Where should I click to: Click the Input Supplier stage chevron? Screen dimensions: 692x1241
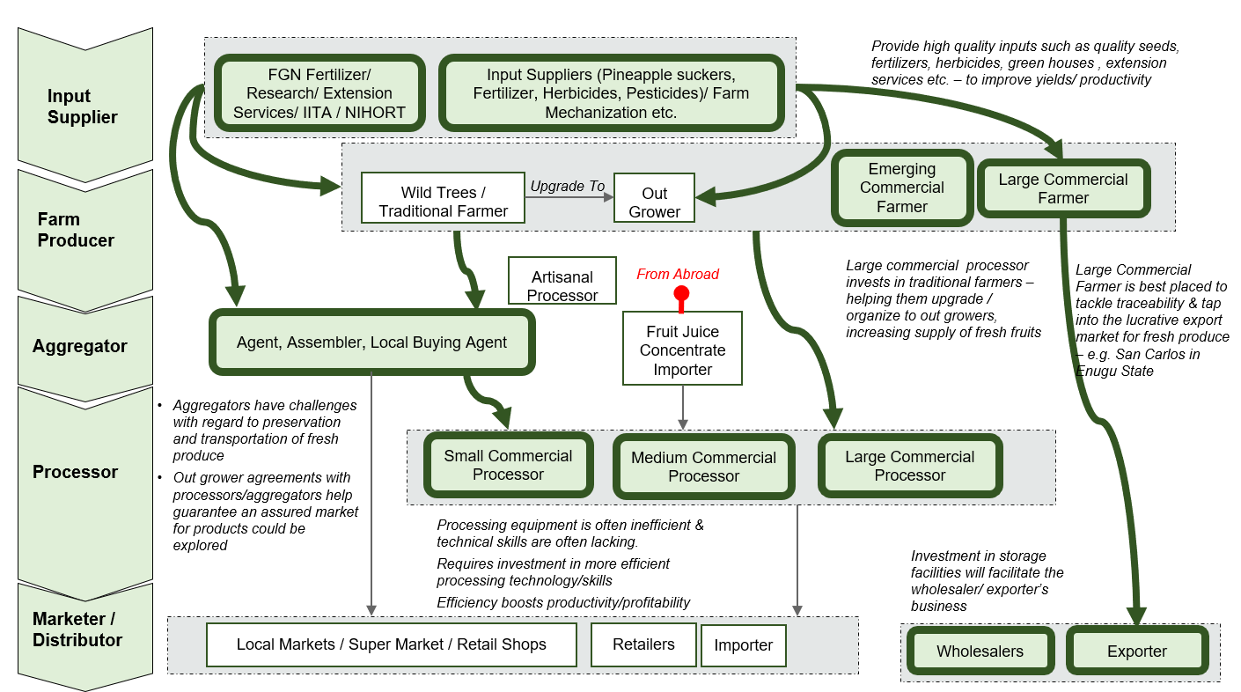coord(84,106)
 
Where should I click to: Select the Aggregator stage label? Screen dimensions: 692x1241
coord(80,346)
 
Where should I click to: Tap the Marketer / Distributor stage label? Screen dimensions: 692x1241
coord(77,629)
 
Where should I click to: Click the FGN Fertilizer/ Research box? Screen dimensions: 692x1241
coord(319,93)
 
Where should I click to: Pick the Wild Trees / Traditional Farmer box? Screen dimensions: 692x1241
coord(443,202)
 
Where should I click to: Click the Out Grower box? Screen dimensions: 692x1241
coord(654,202)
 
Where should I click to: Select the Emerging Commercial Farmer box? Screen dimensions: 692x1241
coord(901,188)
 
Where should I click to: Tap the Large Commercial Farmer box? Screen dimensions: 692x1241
coord(1062,188)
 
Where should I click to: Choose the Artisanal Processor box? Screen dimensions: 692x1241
coord(562,286)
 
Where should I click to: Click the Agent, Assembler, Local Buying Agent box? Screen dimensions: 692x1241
coord(371,342)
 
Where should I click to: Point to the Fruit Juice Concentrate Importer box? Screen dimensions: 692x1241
coord(682,350)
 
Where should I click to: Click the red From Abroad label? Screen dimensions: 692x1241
coord(678,274)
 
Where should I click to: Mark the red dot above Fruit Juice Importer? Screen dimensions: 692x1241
coord(681,293)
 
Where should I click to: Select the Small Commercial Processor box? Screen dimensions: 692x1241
coord(508,465)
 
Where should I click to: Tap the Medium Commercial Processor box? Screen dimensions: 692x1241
coord(703,467)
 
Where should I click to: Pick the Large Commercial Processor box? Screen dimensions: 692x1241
coord(909,466)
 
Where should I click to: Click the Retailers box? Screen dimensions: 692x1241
coord(643,644)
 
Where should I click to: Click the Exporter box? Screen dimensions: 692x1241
coord(1136,652)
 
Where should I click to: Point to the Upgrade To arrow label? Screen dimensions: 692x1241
coord(567,187)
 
